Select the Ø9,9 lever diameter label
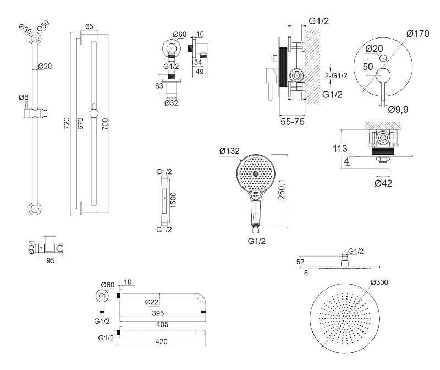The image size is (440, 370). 398,110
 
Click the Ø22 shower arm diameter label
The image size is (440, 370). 152,302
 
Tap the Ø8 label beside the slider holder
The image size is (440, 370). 23,97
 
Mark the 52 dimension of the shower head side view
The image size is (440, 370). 300,262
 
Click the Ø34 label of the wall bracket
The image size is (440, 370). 31,246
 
